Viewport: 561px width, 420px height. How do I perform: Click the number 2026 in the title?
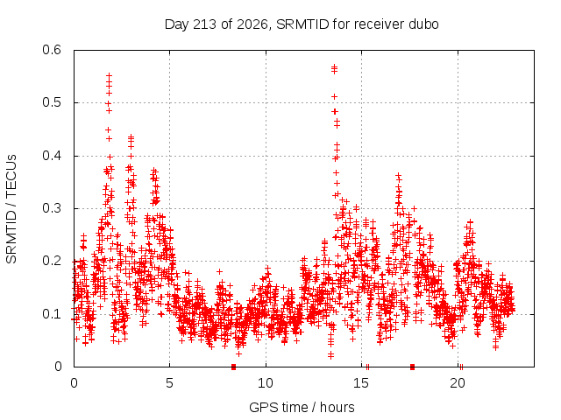[x=252, y=24]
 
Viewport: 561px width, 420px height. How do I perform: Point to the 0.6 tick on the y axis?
[x=52, y=50]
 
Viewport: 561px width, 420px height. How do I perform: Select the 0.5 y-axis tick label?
[x=52, y=102]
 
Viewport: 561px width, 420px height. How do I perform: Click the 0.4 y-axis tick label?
[x=52, y=156]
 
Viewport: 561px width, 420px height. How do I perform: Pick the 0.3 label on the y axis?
[x=52, y=208]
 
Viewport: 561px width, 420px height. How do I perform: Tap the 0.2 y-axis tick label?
[x=52, y=261]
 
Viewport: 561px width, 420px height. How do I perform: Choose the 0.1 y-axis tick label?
[x=52, y=314]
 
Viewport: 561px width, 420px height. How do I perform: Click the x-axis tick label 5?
[x=169, y=383]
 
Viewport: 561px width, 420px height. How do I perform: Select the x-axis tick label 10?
[x=265, y=383]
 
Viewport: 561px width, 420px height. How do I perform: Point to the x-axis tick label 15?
[x=361, y=383]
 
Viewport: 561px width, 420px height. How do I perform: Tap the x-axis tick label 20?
[x=458, y=383]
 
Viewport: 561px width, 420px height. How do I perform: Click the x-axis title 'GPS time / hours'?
[x=302, y=407]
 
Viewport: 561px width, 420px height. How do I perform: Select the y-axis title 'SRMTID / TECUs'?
[x=11, y=209]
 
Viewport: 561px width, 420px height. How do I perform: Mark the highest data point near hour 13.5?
[x=335, y=66]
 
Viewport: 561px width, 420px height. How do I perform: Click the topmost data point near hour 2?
[x=109, y=76]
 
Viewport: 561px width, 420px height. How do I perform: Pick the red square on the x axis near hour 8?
[x=234, y=367]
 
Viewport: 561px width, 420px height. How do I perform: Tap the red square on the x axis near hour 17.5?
[x=412, y=367]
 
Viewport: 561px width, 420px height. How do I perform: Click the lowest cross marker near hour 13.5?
[x=331, y=356]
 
